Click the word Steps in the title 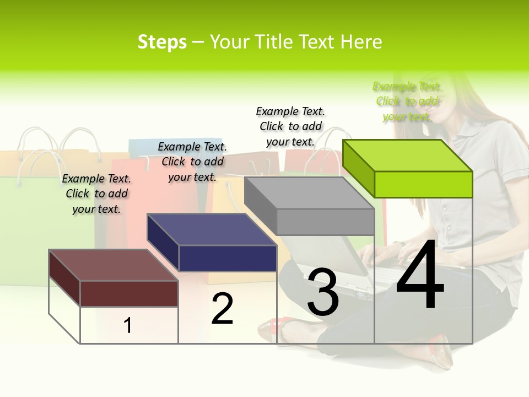(162, 42)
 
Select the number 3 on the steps (323, 292)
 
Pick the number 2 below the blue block (222, 309)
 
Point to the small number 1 (128, 325)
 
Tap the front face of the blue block (228, 258)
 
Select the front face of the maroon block (129, 293)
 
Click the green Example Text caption (407, 101)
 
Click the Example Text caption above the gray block (290, 126)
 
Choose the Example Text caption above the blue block (192, 162)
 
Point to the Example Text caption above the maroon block (96, 194)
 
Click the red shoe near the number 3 (276, 329)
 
